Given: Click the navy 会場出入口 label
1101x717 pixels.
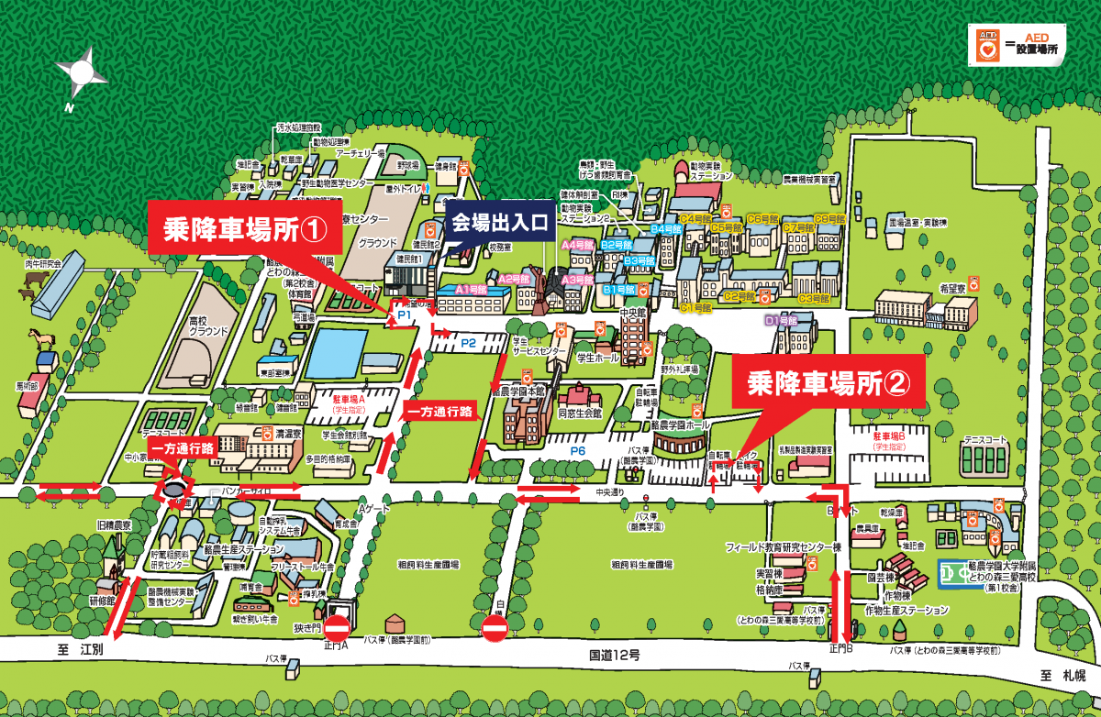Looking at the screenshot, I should pos(499,223).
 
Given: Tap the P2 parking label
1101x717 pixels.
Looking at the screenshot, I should pos(468,343).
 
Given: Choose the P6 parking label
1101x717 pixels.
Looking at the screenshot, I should pos(578,451).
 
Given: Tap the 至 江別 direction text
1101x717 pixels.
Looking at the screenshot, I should pos(82,650).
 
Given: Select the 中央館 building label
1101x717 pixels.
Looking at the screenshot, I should pos(634,312).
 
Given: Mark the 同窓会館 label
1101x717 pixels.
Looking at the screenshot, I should pos(578,414).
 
